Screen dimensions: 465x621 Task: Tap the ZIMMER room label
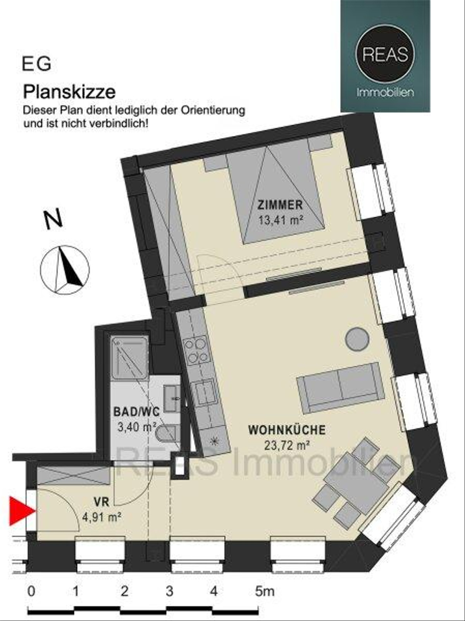[280, 205]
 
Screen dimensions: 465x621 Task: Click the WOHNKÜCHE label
[287, 430]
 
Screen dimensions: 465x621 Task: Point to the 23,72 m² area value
[286, 446]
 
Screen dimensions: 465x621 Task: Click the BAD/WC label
[136, 412]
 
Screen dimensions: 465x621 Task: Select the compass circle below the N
[65, 269]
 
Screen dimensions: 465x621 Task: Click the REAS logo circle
[385, 55]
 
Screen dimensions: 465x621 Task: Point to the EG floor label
[36, 64]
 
